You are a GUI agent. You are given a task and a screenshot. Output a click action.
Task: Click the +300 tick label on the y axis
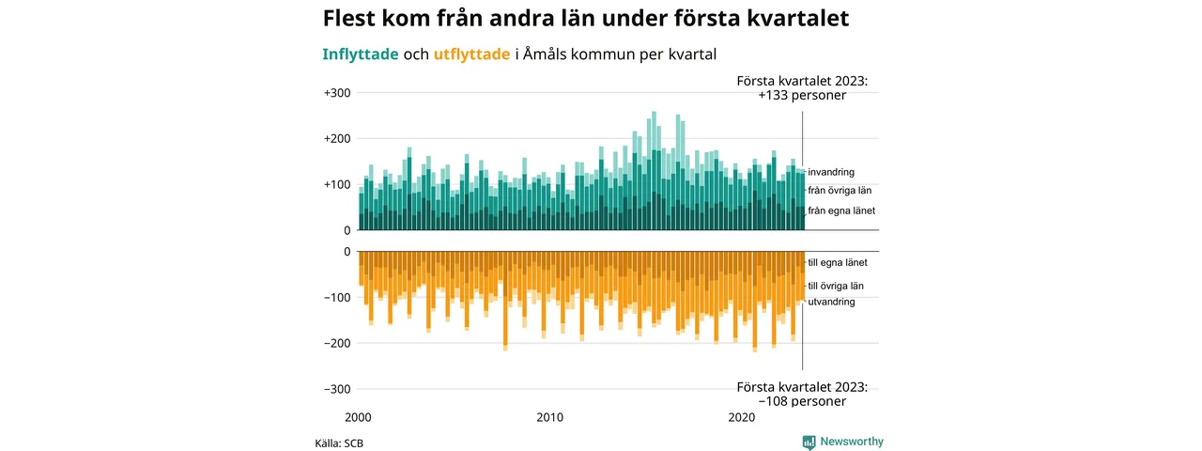click(x=337, y=93)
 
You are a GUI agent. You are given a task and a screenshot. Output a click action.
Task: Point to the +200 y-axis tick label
click(x=337, y=139)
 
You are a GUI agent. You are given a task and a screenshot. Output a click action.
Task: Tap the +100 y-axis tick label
click(x=337, y=185)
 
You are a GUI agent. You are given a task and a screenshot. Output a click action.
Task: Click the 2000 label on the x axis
click(x=359, y=417)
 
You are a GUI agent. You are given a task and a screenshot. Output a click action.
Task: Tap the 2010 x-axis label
click(x=550, y=417)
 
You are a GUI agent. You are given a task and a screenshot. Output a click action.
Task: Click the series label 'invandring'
click(x=831, y=173)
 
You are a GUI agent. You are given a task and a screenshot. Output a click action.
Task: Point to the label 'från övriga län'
click(x=840, y=191)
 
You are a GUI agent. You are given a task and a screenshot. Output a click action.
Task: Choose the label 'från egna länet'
click(x=841, y=211)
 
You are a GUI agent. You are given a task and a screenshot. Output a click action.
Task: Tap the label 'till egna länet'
click(x=838, y=263)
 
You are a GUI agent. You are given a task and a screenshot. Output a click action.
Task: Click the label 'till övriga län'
click(x=836, y=286)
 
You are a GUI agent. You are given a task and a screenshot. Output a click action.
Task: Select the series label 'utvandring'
click(x=831, y=302)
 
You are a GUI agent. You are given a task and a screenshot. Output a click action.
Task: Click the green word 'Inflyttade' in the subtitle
click(x=361, y=54)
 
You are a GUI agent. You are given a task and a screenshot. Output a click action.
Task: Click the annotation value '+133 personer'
click(x=802, y=96)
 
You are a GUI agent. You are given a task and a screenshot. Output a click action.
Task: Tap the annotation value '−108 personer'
click(x=802, y=401)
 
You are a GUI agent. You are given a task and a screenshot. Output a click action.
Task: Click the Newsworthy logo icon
click(x=809, y=442)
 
